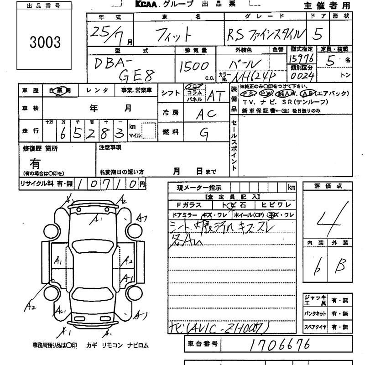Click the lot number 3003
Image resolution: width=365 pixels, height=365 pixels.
pyautogui.click(x=45, y=42)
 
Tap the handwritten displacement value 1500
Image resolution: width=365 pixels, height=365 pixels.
pyautogui.click(x=194, y=67)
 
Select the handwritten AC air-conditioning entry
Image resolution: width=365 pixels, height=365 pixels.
pyautogui.click(x=206, y=115)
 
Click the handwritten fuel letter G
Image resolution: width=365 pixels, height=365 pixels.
pyautogui.click(x=204, y=133)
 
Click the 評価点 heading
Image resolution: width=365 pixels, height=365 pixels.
pyautogui.click(x=328, y=186)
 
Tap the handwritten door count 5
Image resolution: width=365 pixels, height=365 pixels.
pyautogui.click(x=326, y=34)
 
